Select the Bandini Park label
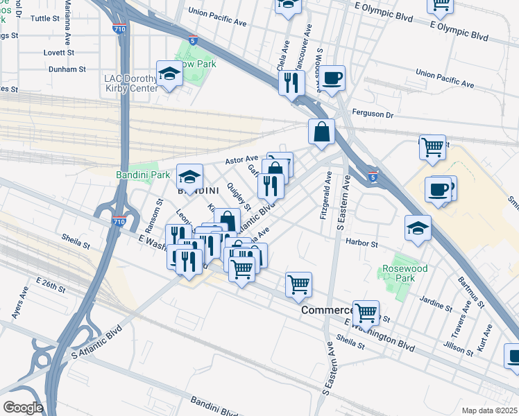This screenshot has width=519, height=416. [x=144, y=175]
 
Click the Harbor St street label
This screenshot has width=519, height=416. [x=362, y=244]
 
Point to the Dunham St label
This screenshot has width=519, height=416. [x=67, y=69]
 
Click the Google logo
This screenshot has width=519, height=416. [x=22, y=407]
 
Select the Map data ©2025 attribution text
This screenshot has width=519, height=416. [x=489, y=410]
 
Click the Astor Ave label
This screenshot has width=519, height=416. [x=241, y=159]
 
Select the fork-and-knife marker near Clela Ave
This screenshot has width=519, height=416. [x=291, y=82]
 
